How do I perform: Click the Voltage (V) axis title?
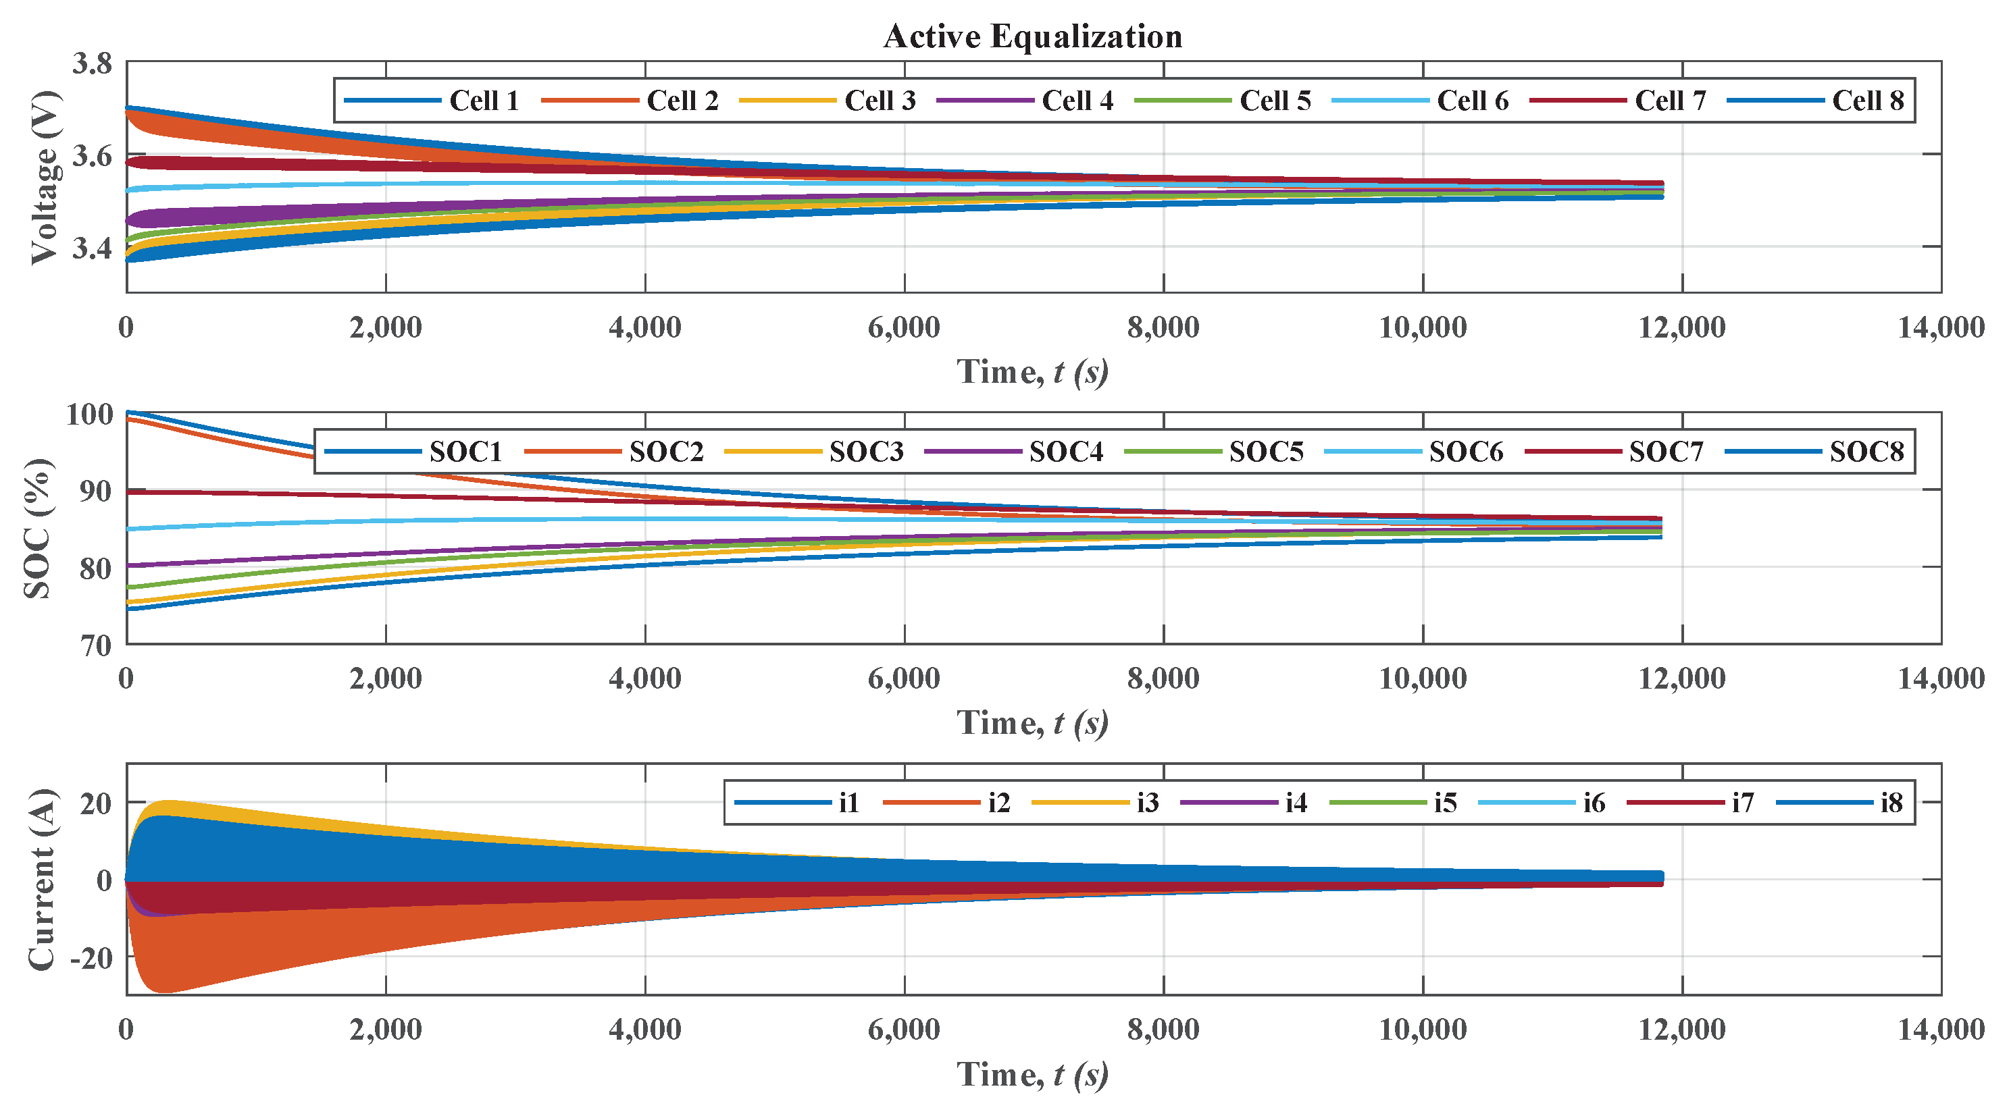click(45, 178)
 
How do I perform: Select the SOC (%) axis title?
click(37, 529)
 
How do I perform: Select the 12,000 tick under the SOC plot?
click(1681, 678)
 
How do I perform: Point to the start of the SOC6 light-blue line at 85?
click(130, 529)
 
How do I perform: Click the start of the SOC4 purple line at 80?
click(130, 565)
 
